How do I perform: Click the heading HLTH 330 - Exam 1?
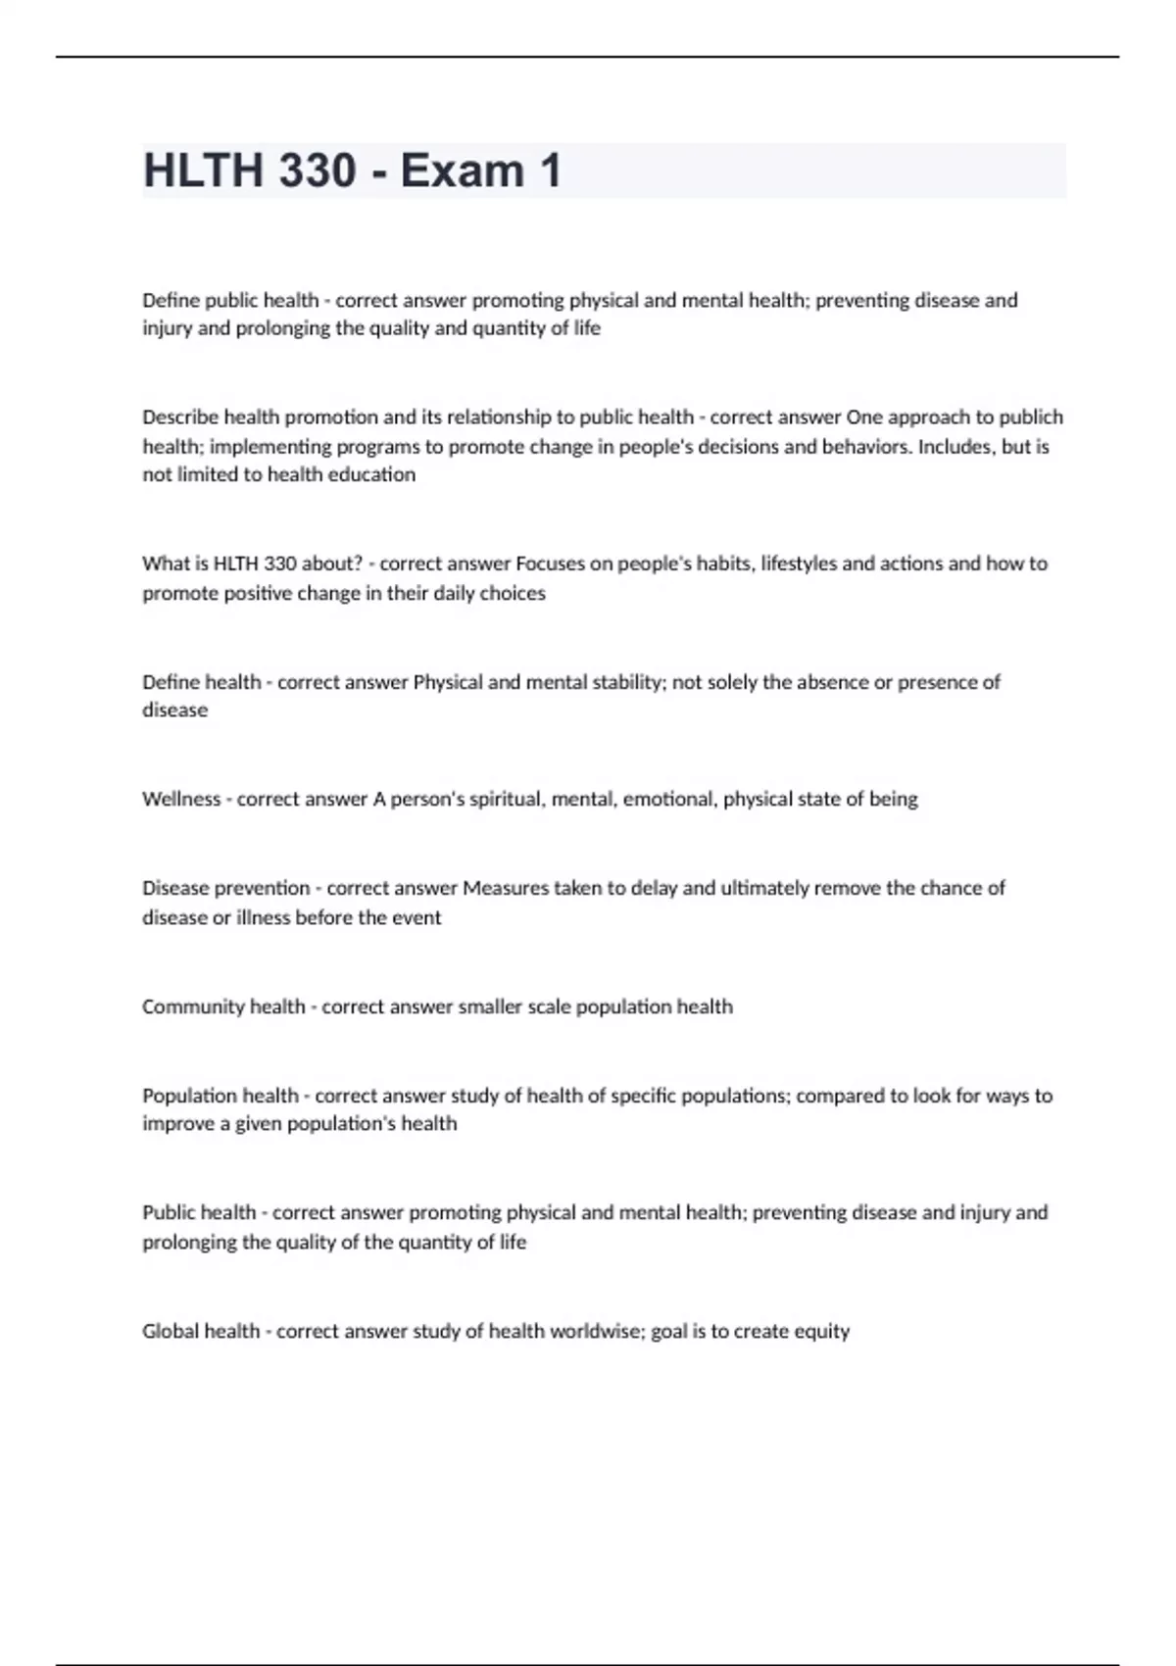pyautogui.click(x=353, y=171)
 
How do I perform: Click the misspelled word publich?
pyautogui.click(x=1031, y=417)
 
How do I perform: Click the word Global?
pyautogui.click(x=168, y=1331)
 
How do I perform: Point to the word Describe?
pyautogui.click(x=180, y=417)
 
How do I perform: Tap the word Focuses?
pyautogui.click(x=550, y=563)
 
